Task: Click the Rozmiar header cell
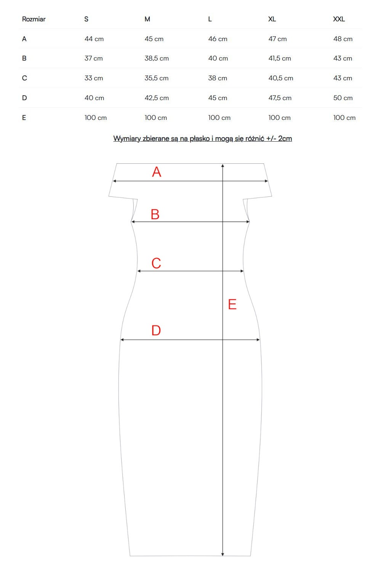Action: click(34, 19)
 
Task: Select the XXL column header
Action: click(339, 19)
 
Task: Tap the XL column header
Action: click(272, 19)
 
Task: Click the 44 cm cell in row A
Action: click(94, 39)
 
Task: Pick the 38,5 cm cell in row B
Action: click(157, 58)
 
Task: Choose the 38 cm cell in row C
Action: click(218, 78)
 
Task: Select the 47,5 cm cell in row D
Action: click(280, 98)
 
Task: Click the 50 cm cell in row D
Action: click(343, 98)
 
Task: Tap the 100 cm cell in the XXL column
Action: click(344, 118)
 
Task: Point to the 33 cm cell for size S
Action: click(94, 78)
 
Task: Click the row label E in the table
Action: click(24, 118)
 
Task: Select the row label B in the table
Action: click(24, 58)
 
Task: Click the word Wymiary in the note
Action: click(127, 139)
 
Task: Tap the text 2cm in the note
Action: click(285, 139)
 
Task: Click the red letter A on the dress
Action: click(157, 172)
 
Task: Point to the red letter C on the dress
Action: click(156, 263)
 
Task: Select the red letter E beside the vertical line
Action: click(232, 305)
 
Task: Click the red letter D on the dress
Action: click(156, 330)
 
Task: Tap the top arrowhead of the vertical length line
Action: click(223, 166)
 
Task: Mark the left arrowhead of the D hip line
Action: click(122, 340)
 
